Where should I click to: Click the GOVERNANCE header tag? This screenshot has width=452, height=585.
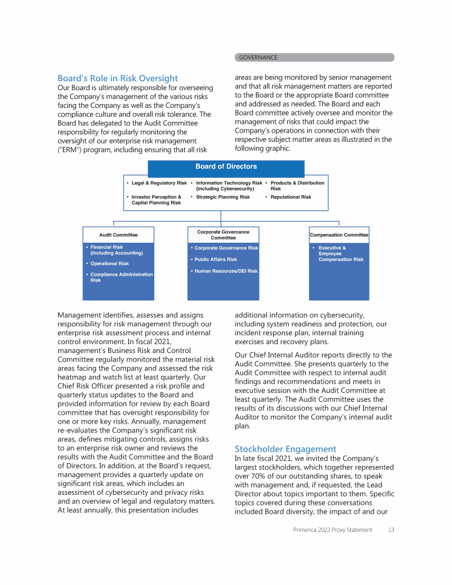[x=258, y=58]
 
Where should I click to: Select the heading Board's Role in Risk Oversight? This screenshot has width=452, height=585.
[x=118, y=78]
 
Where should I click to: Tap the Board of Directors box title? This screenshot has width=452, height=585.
[x=226, y=167]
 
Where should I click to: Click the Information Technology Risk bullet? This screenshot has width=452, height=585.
[x=228, y=186]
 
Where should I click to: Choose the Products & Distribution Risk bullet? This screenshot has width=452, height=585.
[x=297, y=186]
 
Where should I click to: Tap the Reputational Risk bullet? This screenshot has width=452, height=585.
[x=291, y=197]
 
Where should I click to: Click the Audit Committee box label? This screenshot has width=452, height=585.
[x=118, y=234]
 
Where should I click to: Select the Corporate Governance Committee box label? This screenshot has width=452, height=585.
[x=223, y=234]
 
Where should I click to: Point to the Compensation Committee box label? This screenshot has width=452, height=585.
[x=339, y=234]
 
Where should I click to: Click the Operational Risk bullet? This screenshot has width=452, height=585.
[x=109, y=263]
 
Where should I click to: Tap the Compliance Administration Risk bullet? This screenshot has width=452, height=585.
[x=121, y=277]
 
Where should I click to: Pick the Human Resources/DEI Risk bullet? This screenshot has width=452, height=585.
[x=226, y=271]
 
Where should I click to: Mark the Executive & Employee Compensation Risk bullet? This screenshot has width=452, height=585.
[x=341, y=254]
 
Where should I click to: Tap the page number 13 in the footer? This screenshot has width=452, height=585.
[x=391, y=530]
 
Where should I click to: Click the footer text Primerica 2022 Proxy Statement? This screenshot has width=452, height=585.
[x=333, y=530]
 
